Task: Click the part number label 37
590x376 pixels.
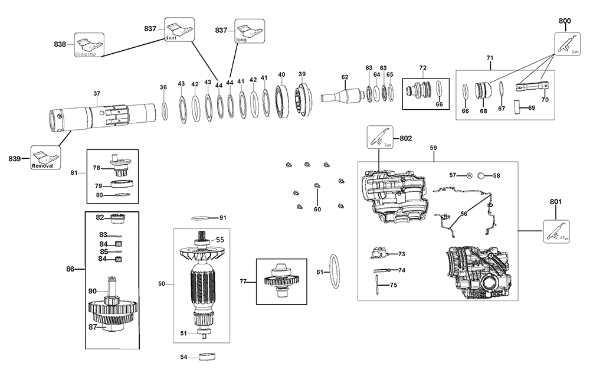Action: coord(97,93)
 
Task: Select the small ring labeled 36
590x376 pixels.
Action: coord(165,110)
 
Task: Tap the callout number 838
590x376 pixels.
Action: coord(60,44)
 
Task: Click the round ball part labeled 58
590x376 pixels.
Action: coord(481,175)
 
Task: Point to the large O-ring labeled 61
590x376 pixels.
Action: coord(334,272)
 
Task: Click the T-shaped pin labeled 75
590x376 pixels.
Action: coord(378,285)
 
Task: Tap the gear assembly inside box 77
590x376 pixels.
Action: coord(282,281)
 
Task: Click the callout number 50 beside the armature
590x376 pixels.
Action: coord(162,284)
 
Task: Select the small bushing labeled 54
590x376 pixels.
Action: coord(206,357)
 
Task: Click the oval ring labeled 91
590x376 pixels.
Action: coord(204,218)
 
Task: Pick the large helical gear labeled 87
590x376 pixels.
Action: coord(112,318)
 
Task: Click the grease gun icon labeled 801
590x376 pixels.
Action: coord(556,231)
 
